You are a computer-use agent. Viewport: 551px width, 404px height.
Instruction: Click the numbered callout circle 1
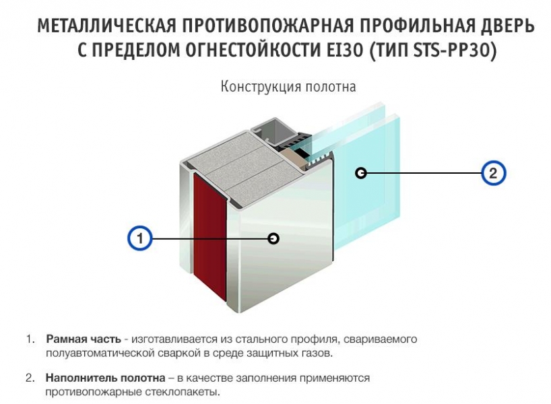tap(139, 238)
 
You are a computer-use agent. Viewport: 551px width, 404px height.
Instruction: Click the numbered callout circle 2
tap(493, 173)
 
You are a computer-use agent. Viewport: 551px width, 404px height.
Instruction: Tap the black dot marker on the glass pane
tap(361, 173)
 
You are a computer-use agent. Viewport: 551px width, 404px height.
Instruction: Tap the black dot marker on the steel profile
tap(273, 238)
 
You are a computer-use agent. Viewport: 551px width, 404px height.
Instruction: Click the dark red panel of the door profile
tap(209, 236)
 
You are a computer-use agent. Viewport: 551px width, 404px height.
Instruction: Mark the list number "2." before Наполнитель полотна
tap(30, 378)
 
